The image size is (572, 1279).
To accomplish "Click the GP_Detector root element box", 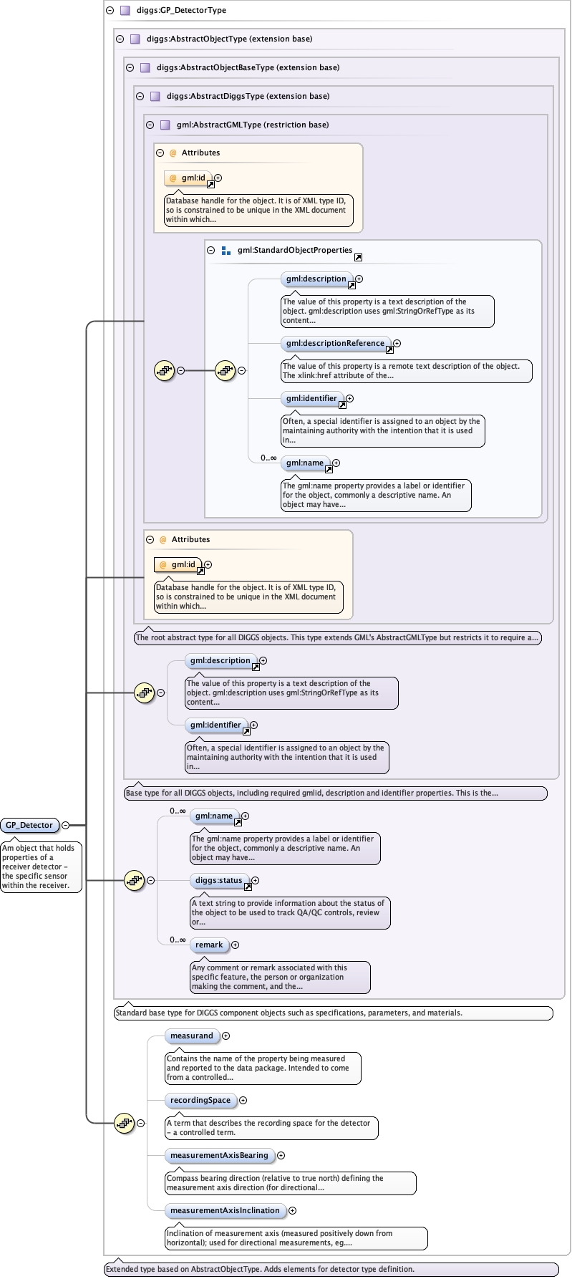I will pyautogui.click(x=29, y=825).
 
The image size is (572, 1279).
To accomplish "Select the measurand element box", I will pyautogui.click(x=191, y=1036).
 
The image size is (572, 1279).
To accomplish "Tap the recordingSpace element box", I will pyautogui.click(x=200, y=1100).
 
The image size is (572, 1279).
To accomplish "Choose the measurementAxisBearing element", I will pyautogui.click(x=218, y=1155).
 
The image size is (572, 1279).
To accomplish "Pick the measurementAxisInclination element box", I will pyautogui.click(x=224, y=1210).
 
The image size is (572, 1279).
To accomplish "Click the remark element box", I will pyautogui.click(x=209, y=945).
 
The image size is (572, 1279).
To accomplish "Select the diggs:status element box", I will pyautogui.click(x=219, y=880).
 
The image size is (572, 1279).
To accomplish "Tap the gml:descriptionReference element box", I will pyautogui.click(x=335, y=343).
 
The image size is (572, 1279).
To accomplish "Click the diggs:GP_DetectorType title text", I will pyautogui.click(x=181, y=10).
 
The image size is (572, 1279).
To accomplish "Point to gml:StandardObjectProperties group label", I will pyautogui.click(x=294, y=250).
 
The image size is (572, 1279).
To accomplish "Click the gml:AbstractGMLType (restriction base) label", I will pyautogui.click(x=253, y=125).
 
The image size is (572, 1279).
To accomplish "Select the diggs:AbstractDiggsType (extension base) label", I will pyautogui.click(x=248, y=96).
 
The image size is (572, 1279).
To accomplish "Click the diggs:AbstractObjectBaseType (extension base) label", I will pyautogui.click(x=248, y=67).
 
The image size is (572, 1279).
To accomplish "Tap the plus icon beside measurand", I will pyautogui.click(x=226, y=1036).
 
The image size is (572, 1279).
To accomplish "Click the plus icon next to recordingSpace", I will pyautogui.click(x=243, y=1100).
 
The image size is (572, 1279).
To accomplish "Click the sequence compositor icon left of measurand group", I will pyautogui.click(x=125, y=1123).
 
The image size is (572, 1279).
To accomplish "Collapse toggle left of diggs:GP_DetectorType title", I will pyautogui.click(x=110, y=10).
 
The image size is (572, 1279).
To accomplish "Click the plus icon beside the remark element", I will pyautogui.click(x=235, y=945).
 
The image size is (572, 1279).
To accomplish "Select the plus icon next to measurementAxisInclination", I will pyautogui.click(x=292, y=1210).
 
